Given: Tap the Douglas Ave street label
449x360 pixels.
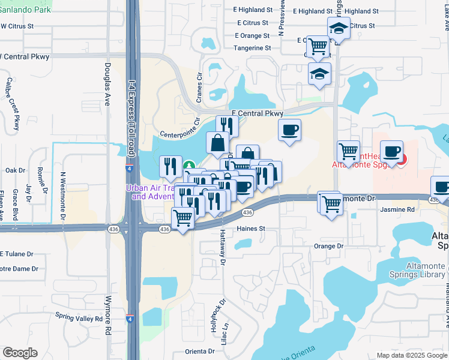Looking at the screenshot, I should coord(108,84).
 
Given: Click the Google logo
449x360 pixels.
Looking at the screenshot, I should coord(20,353).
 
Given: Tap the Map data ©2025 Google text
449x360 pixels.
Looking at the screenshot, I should coord(411,355).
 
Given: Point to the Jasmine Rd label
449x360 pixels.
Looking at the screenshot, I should coord(397,209).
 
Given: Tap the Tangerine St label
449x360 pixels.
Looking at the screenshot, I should coord(252,48).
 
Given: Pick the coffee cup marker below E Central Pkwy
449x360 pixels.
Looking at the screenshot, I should coord(289,130).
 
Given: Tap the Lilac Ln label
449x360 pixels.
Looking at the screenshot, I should coord(226,334).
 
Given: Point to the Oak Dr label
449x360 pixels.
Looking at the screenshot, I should coord(14,170).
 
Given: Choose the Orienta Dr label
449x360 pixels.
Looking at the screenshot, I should coord(200,352).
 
